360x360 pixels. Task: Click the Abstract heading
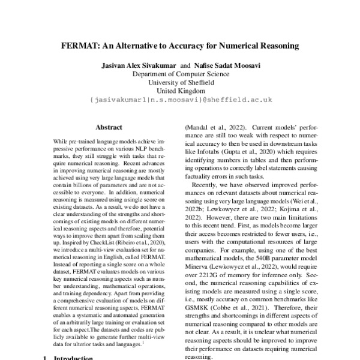click(109, 127)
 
